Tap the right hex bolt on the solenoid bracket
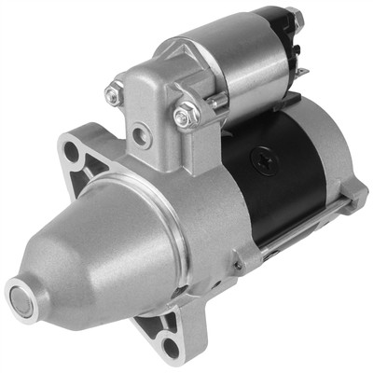183,117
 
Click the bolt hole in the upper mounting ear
73,151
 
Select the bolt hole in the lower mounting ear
169,348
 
